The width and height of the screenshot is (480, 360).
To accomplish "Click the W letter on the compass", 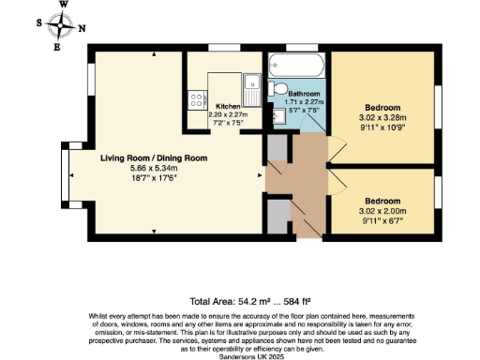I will point(63,6).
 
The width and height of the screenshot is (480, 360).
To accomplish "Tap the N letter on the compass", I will point(82,27).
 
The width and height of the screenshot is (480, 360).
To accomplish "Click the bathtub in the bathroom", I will point(295,67).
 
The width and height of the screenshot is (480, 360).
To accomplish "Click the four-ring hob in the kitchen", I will point(197,97).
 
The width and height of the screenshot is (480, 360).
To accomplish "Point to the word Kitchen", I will point(229,107).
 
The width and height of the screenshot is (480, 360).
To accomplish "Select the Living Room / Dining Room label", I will point(154,158).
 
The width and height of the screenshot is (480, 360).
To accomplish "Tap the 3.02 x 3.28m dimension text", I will point(382,118).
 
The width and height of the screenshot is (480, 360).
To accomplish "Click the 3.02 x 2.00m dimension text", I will point(382,212).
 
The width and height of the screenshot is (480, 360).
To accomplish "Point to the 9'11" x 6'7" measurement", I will point(382,222).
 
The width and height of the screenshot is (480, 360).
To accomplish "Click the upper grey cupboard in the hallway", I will point(277,150).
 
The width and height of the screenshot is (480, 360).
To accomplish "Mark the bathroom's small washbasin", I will point(279,117).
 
